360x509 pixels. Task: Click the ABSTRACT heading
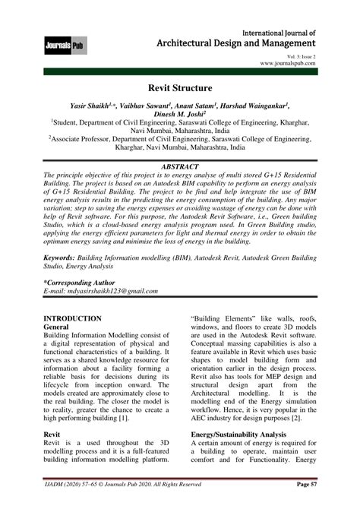coord(180,165)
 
